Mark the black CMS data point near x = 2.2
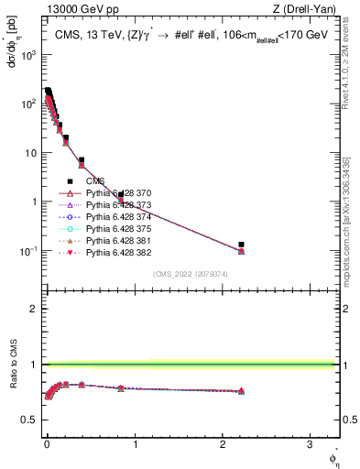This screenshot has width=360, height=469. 241,245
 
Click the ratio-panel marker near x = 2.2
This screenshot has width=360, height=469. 241,391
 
